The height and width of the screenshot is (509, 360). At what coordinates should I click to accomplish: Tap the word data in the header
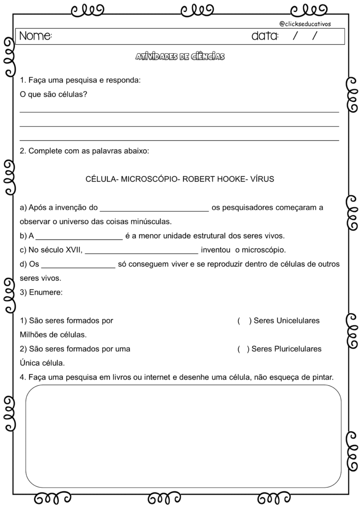coord(265,36)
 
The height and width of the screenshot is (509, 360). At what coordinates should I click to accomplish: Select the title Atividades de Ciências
coord(180,57)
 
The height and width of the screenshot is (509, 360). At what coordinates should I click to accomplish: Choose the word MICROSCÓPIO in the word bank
coord(149,179)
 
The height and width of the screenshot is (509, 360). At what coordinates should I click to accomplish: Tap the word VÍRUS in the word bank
coord(262,179)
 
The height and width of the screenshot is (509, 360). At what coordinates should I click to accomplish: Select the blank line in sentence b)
coord(79,237)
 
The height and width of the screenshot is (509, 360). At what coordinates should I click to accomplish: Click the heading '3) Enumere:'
coord(41,293)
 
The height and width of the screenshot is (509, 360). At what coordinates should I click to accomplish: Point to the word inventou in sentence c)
coord(216,250)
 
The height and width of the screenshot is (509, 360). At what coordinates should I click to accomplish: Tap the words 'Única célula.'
coord(42,363)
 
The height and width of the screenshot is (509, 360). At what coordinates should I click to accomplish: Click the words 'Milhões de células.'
coord(53,335)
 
